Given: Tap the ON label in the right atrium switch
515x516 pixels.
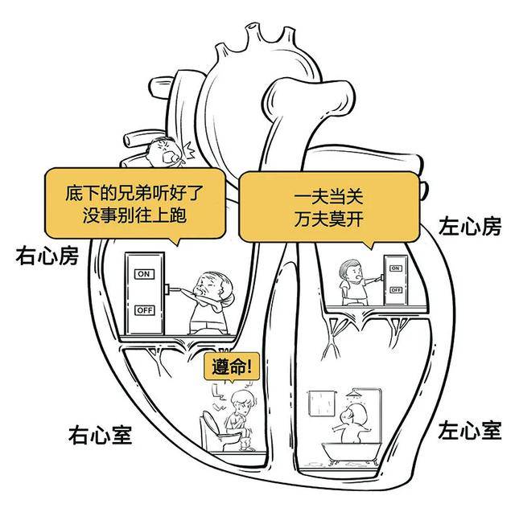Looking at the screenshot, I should [x=145, y=274].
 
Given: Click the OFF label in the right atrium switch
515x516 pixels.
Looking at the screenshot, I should [x=145, y=309].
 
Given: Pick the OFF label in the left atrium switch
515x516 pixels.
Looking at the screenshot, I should [x=395, y=289].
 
